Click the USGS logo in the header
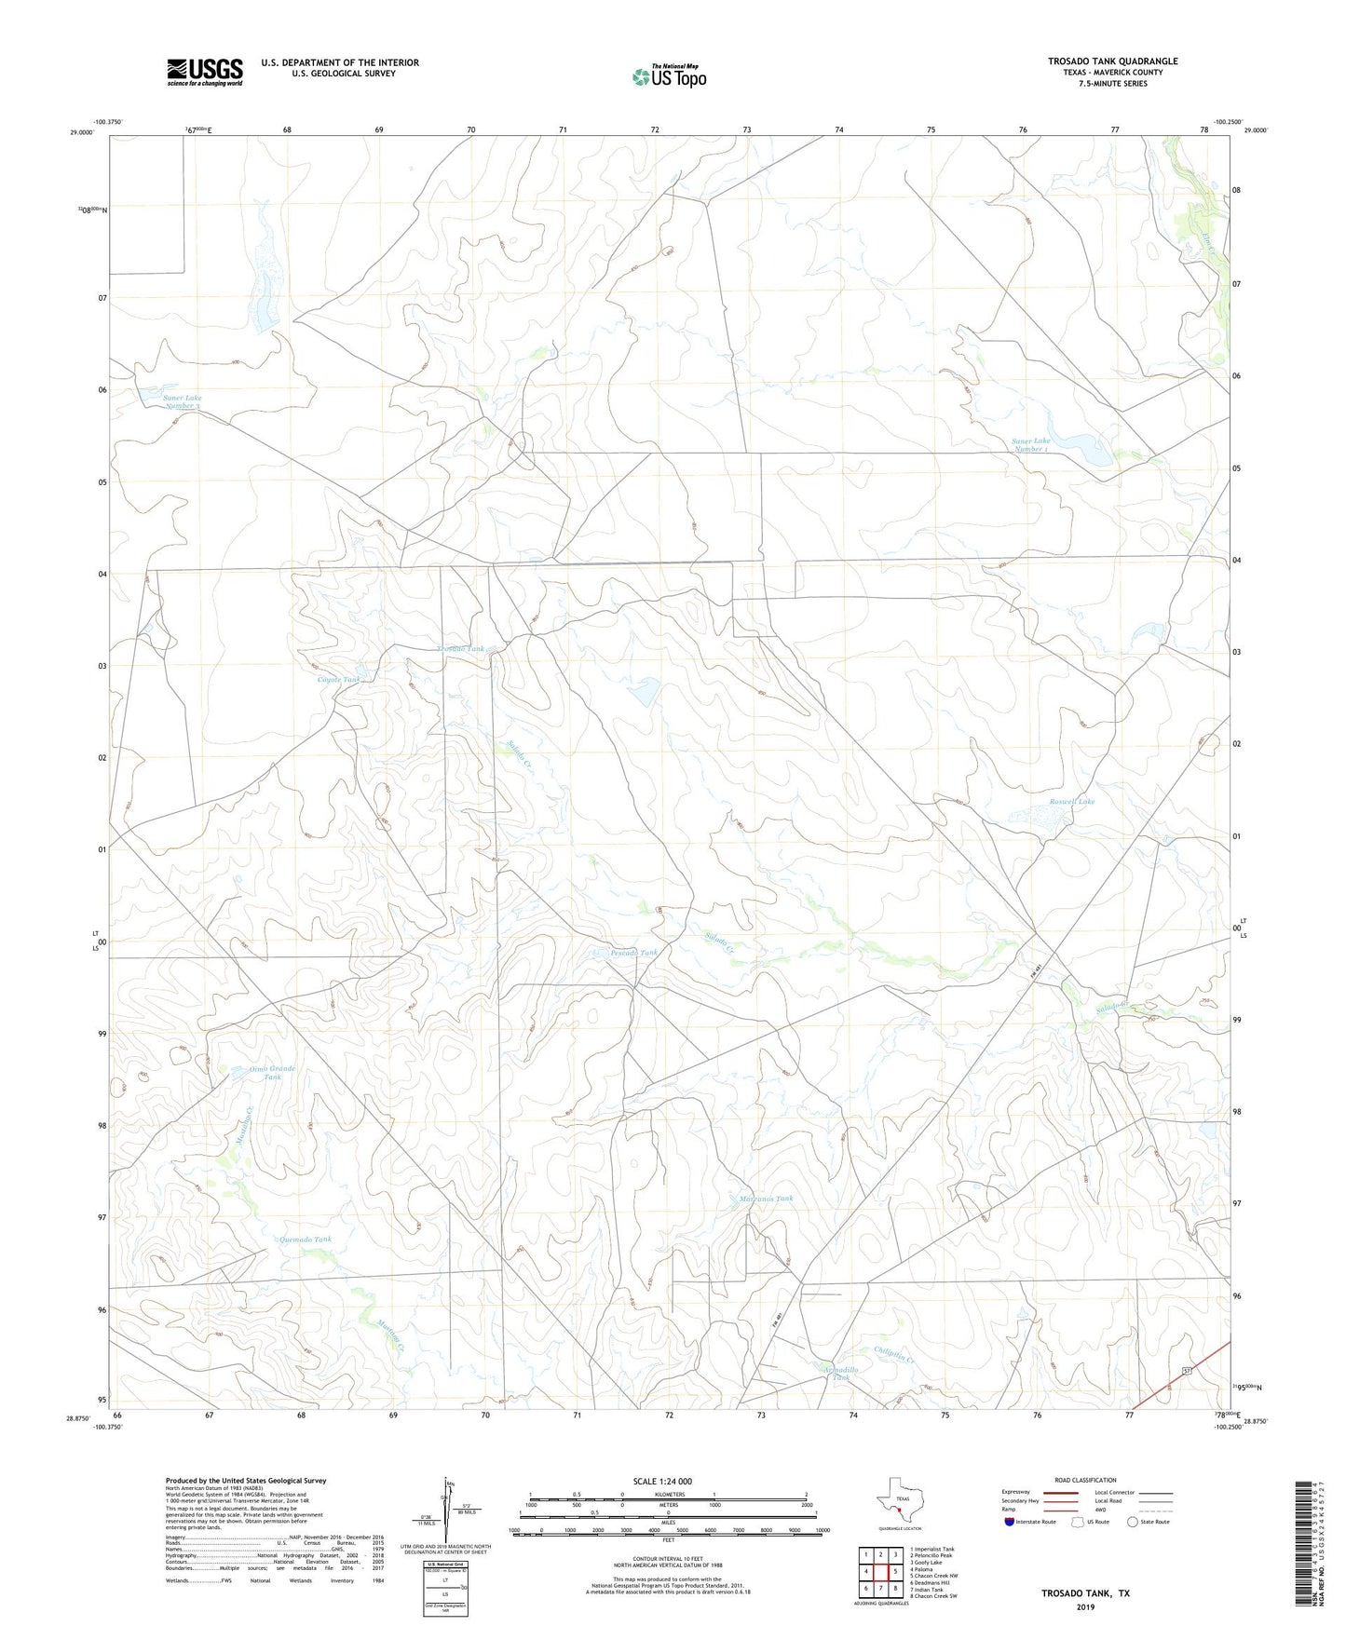coord(205,71)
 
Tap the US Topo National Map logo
coord(669,76)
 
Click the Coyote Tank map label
coord(338,680)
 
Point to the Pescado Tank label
coord(633,953)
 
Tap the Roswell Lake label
coord(1072,801)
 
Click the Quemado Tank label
coord(306,1240)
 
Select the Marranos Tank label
coord(766,1199)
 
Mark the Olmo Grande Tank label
coord(271,1073)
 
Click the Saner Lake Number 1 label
coord(1031,444)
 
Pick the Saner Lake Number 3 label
coord(183,401)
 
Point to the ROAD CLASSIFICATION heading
coord(1085,1480)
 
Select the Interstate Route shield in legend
coord(1010,1522)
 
